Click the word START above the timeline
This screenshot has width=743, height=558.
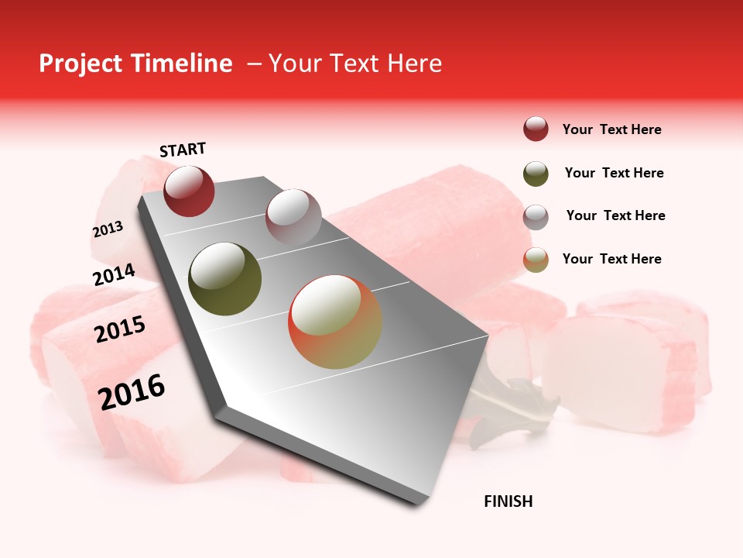click(183, 150)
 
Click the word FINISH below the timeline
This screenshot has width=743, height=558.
click(508, 501)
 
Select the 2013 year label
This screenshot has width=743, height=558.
click(108, 229)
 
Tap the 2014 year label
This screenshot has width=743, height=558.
click(115, 274)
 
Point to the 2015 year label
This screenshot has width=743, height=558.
click(120, 329)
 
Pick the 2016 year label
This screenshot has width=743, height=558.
click(132, 391)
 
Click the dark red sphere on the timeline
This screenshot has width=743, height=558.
click(189, 191)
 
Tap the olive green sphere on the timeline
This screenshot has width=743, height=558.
click(225, 279)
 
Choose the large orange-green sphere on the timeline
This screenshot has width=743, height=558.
click(335, 322)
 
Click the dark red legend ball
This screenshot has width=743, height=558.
click(536, 129)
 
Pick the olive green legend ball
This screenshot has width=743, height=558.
click(536, 174)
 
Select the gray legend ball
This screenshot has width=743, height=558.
click(536, 217)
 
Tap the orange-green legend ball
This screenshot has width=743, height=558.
click(536, 260)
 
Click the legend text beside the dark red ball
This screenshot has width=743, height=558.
click(611, 129)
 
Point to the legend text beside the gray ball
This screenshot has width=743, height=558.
click(615, 215)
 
